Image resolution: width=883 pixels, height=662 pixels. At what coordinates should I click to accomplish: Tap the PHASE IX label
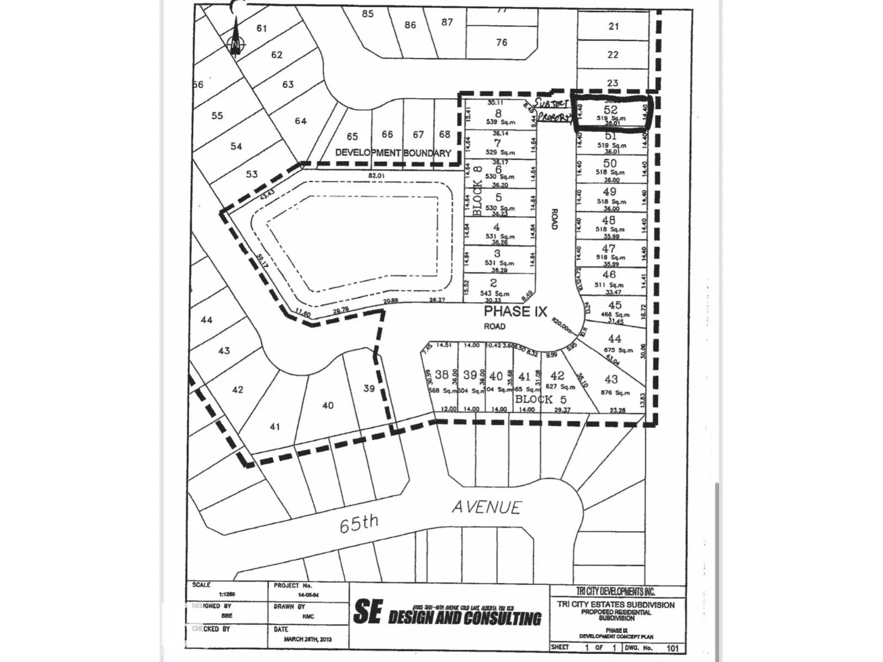(515, 311)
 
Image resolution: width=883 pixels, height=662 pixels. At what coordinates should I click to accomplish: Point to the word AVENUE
(486, 507)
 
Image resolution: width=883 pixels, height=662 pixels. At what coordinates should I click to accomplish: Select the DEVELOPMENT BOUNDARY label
(393, 153)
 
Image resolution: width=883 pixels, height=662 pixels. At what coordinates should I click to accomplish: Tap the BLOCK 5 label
(540, 399)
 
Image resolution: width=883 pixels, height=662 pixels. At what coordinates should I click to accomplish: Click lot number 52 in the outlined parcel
(610, 109)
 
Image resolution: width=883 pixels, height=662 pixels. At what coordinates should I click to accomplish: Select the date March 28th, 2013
(308, 639)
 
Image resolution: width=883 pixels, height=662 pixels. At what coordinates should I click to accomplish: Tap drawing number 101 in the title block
(672, 648)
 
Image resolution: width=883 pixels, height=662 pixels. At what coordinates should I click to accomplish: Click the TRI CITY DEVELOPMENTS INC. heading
(615, 591)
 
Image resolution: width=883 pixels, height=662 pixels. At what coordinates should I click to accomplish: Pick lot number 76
(501, 42)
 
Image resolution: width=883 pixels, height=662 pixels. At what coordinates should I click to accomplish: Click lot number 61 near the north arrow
(262, 28)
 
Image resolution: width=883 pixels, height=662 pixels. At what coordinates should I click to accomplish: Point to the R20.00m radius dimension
(562, 327)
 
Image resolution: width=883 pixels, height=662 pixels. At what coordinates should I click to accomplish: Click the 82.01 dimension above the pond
(376, 176)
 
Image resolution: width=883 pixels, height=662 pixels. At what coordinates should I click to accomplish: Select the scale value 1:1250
(226, 594)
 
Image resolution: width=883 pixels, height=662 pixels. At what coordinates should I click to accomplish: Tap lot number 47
(609, 248)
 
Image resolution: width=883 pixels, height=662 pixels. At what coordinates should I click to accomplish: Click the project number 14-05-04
(308, 595)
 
